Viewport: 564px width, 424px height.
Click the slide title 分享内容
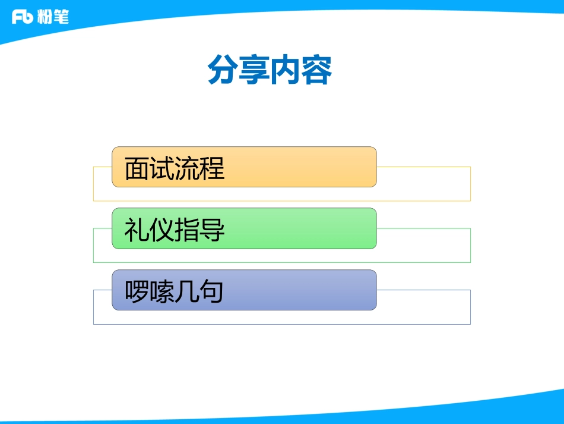click(270, 71)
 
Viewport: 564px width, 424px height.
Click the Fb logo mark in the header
click(22, 17)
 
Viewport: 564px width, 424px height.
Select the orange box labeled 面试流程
click(244, 167)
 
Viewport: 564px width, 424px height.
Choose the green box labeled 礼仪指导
click(244, 228)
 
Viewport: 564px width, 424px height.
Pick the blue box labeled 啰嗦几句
click(244, 290)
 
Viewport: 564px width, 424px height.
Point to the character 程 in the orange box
click(212, 169)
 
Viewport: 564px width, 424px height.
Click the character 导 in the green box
click(212, 230)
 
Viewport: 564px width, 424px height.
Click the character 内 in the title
click(286, 71)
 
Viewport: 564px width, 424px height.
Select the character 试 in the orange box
click(162, 169)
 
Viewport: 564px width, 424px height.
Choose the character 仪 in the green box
click(162, 230)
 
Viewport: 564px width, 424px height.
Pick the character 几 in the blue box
click(186, 292)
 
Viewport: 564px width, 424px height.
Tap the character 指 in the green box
click(187, 230)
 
